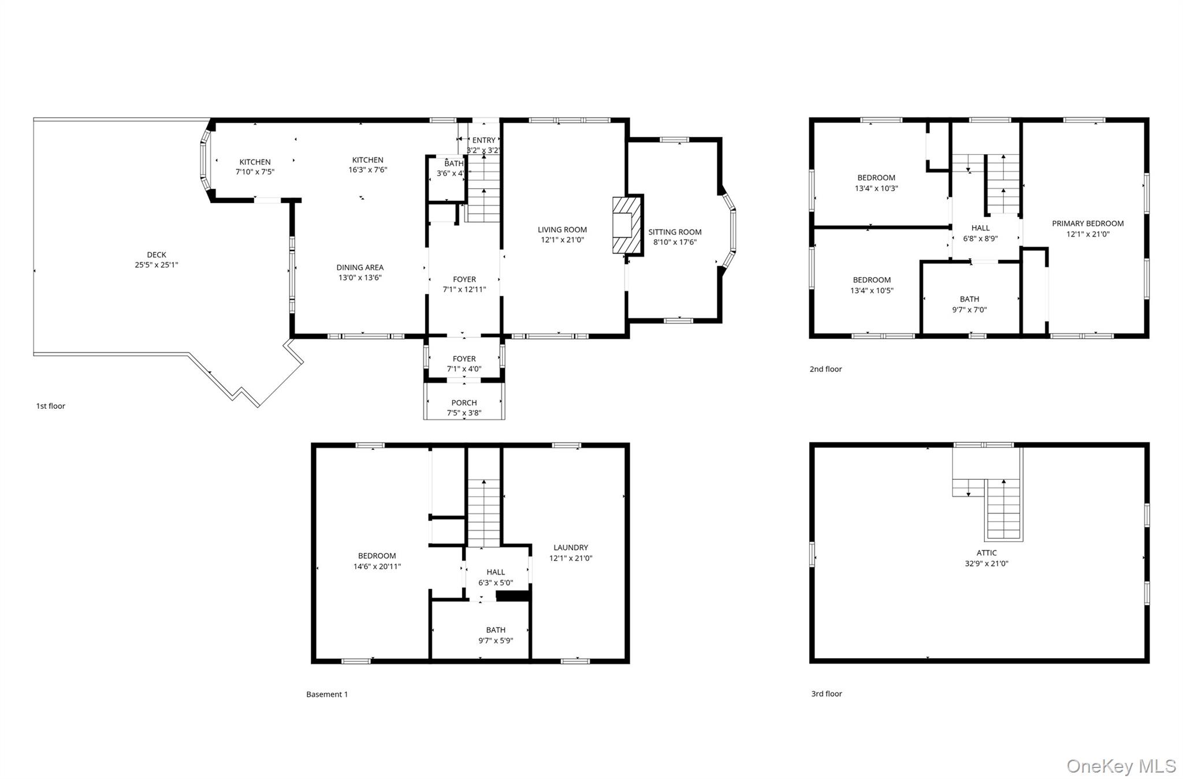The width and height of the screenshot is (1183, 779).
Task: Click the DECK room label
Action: (156, 255)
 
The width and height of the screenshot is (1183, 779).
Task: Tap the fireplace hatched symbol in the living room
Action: (627, 225)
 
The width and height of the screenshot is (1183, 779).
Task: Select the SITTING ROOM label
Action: (675, 232)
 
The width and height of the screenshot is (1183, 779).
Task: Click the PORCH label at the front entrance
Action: (464, 403)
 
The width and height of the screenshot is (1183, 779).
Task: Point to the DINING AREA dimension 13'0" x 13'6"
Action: (360, 278)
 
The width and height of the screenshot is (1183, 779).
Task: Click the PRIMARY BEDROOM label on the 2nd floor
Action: (1087, 223)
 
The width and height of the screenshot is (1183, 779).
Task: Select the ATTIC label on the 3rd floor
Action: (986, 553)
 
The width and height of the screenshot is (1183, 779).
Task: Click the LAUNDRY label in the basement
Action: (570, 547)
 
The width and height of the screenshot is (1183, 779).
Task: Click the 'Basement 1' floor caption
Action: (327, 694)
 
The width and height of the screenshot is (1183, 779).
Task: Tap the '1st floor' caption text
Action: (51, 406)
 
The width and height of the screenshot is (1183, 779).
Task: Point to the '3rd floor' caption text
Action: (826, 694)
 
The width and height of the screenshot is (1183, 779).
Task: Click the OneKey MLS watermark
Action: (1121, 766)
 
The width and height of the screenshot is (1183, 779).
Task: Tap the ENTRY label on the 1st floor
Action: (483, 140)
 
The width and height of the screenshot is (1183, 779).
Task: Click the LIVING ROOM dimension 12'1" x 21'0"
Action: (562, 240)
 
